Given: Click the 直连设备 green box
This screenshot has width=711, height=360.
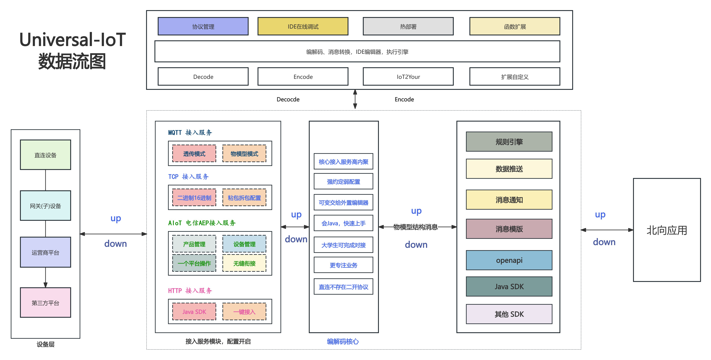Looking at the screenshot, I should coord(45,155).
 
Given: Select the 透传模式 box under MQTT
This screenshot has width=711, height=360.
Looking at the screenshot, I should coord(194,153).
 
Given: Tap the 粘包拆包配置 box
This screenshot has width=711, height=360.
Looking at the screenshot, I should coord(244,198).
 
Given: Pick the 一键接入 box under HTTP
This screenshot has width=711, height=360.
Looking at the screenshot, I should coord(244,312).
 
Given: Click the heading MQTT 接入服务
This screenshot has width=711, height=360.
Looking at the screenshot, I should coord(190,132).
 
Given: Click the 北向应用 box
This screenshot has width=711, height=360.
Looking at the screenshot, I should coord(667,230).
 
